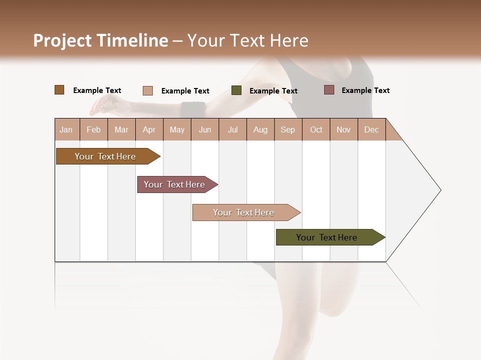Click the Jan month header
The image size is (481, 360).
click(x=67, y=129)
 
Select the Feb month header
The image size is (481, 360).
click(x=94, y=129)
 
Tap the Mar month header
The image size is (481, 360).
click(x=121, y=129)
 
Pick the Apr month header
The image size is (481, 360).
click(x=149, y=129)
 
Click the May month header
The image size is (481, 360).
click(x=177, y=129)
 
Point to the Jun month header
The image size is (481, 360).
click(x=205, y=129)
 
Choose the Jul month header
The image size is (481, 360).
click(x=232, y=129)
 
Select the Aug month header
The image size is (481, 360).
click(x=261, y=129)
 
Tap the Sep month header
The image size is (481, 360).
click(x=288, y=129)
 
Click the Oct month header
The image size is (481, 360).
click(x=316, y=129)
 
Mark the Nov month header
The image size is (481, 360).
click(x=344, y=129)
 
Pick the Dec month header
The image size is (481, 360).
click(x=372, y=129)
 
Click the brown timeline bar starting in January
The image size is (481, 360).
click(x=106, y=156)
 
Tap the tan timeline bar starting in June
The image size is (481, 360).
click(x=244, y=212)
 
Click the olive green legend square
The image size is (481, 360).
click(x=236, y=90)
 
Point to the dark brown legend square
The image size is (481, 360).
click(x=60, y=90)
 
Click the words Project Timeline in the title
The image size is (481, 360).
click(x=101, y=40)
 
